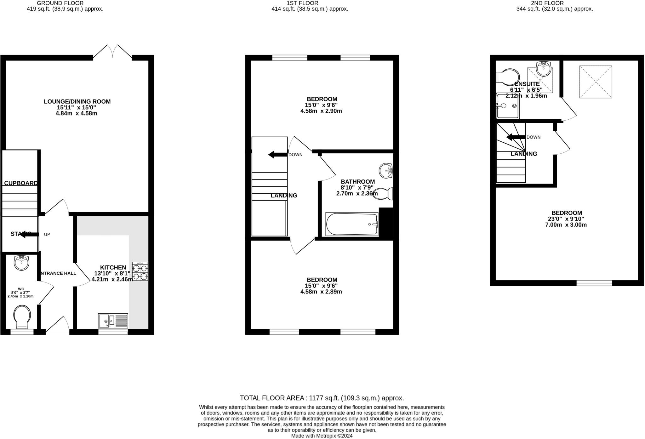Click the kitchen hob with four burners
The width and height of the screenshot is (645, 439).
pos(140,271)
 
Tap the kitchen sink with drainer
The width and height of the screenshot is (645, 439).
pos(113,321)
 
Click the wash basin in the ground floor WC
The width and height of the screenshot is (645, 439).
pos(22,263)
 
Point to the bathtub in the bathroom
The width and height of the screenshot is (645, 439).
pos(352,224)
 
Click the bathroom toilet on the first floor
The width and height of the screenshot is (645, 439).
pos(384,194)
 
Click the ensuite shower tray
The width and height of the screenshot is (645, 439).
pos(508,106)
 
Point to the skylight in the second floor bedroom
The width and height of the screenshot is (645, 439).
pos(596,82)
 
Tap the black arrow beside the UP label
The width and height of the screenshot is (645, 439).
pos(29,234)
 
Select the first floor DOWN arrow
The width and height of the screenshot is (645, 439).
pos(277,155)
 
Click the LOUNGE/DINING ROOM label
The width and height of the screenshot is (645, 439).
pos(77,101)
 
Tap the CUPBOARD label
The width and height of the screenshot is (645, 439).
pos(21,183)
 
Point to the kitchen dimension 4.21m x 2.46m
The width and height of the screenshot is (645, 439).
pos(112,279)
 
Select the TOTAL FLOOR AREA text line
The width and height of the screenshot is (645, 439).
pos(322,398)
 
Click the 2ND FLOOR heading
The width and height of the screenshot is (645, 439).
pos(554,3)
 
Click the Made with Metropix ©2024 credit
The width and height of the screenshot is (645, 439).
pos(322,436)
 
